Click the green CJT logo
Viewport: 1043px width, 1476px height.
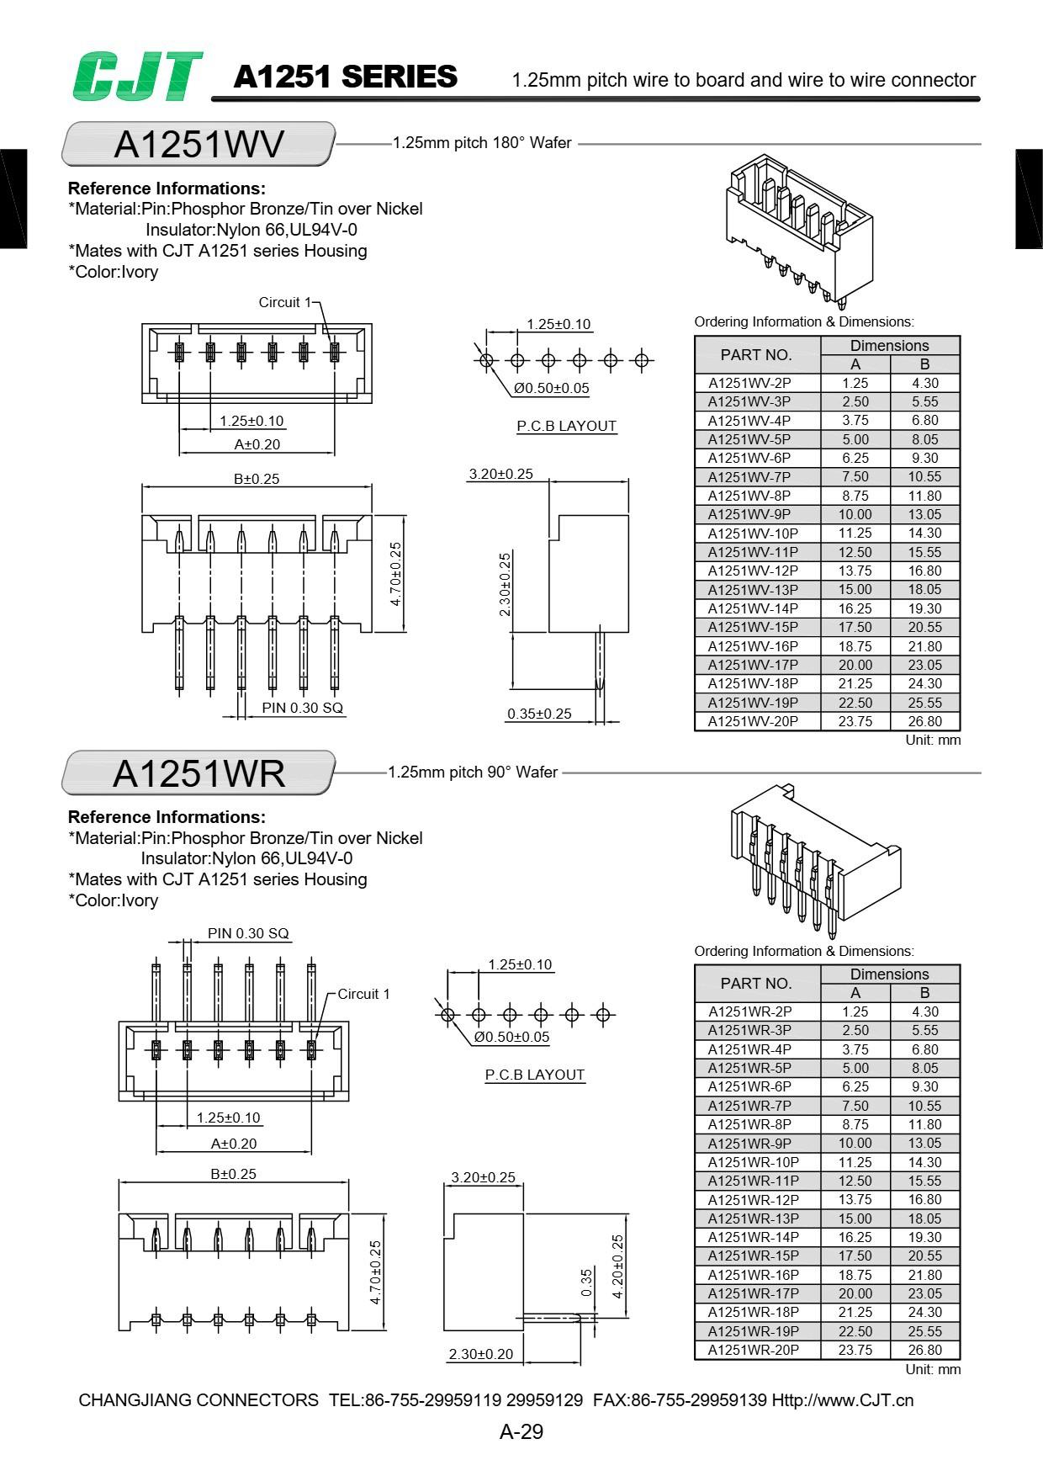click(137, 77)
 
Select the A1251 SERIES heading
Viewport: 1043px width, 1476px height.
click(346, 77)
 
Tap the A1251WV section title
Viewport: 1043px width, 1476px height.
click(199, 144)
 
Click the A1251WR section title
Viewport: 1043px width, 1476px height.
click(199, 773)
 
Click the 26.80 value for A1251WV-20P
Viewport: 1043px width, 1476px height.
click(924, 721)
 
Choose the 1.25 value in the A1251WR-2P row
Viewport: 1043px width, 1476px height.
click(855, 1011)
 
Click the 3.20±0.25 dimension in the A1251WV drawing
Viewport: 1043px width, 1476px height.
click(500, 474)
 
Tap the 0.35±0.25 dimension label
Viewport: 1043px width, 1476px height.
click(539, 714)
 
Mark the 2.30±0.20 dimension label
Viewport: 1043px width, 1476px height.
click(481, 1354)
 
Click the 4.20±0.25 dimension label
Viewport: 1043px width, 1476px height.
click(618, 1266)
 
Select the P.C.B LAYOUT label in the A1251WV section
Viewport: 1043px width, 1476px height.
click(567, 426)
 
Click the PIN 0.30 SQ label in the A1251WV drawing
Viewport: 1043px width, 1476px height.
click(303, 708)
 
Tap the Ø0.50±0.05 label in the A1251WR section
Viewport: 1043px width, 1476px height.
click(511, 1037)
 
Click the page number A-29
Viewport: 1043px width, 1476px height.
click(521, 1431)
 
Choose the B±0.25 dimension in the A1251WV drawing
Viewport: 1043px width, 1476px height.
click(257, 479)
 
